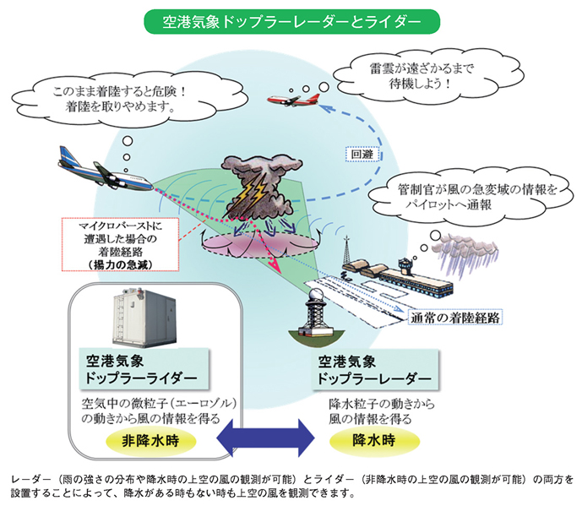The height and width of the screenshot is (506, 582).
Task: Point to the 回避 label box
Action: (362, 154)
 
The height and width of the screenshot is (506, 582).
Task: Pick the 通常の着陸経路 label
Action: (454, 318)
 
